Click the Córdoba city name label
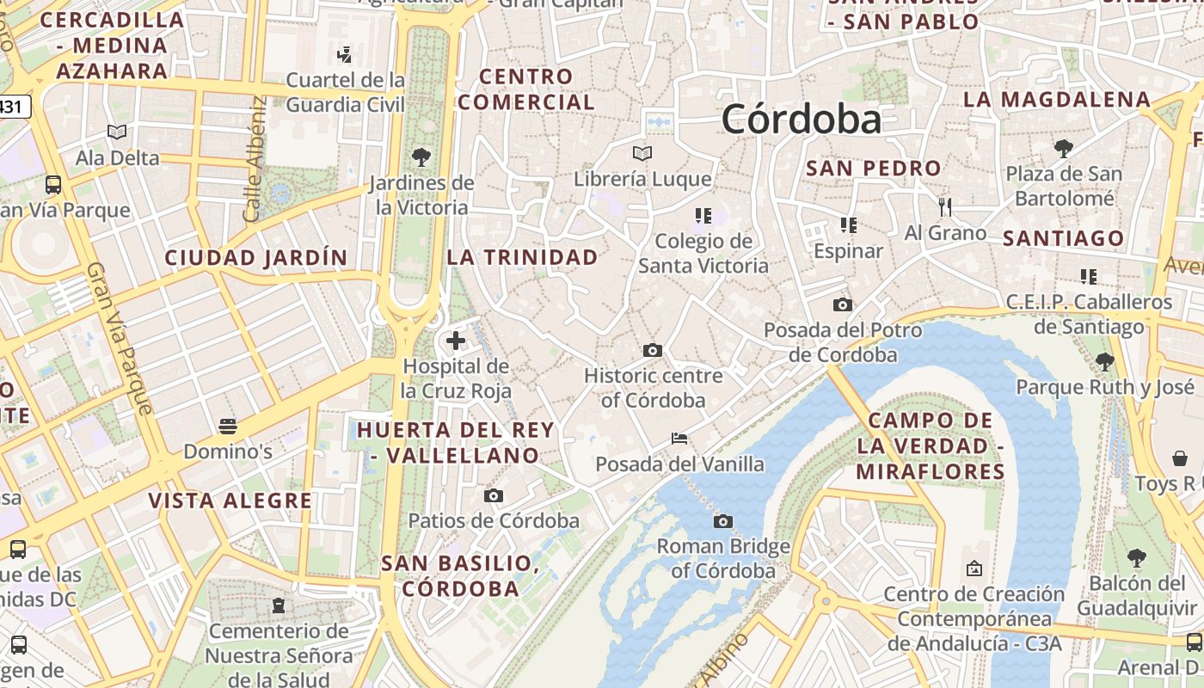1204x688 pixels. [801, 120]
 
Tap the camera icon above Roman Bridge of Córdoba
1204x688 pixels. [723, 521]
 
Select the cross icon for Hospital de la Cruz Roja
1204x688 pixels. [456, 341]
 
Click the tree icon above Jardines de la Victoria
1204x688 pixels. [421, 157]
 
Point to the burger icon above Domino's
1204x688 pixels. [228, 426]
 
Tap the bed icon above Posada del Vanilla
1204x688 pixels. [679, 439]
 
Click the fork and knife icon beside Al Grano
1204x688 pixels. [945, 207]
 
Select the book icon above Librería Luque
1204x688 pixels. [642, 154]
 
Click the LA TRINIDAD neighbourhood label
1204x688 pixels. [522, 257]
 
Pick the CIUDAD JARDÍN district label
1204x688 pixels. [256, 257]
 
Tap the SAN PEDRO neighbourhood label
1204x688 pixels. [873, 169]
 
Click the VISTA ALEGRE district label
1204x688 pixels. [230, 501]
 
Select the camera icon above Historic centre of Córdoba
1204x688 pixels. [653, 350]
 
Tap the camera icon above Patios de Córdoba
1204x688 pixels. [493, 495]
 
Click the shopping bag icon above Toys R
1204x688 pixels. [1180, 458]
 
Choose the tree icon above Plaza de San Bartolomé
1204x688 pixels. [1064, 148]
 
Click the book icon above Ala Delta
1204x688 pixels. [117, 132]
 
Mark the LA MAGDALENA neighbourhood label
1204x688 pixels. [1056, 100]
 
